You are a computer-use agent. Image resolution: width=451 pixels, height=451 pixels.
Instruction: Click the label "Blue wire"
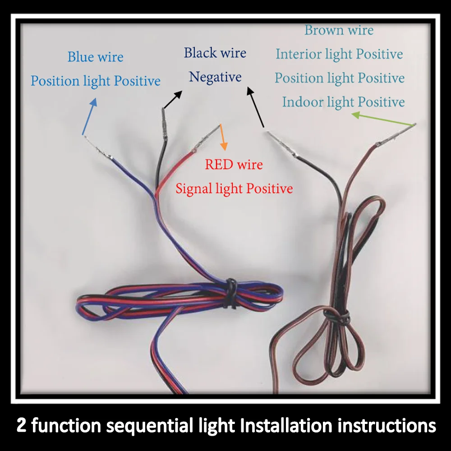(x=95, y=57)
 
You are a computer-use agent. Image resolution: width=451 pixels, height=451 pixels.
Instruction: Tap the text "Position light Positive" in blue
(x=95, y=81)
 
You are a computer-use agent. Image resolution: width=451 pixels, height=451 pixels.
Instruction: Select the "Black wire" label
(x=215, y=53)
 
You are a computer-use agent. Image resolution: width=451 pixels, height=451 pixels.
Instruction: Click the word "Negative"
(x=215, y=77)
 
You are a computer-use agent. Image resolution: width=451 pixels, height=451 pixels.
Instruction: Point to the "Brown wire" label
(x=339, y=31)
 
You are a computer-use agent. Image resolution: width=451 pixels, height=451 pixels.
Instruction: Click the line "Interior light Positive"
(x=339, y=55)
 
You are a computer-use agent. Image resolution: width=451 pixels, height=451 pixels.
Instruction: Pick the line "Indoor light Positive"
(x=343, y=102)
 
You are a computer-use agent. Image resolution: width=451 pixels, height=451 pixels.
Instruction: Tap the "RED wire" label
(x=234, y=165)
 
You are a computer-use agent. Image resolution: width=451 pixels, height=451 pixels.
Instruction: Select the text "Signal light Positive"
(x=234, y=188)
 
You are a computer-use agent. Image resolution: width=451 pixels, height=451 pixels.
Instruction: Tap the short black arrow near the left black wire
(x=172, y=100)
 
